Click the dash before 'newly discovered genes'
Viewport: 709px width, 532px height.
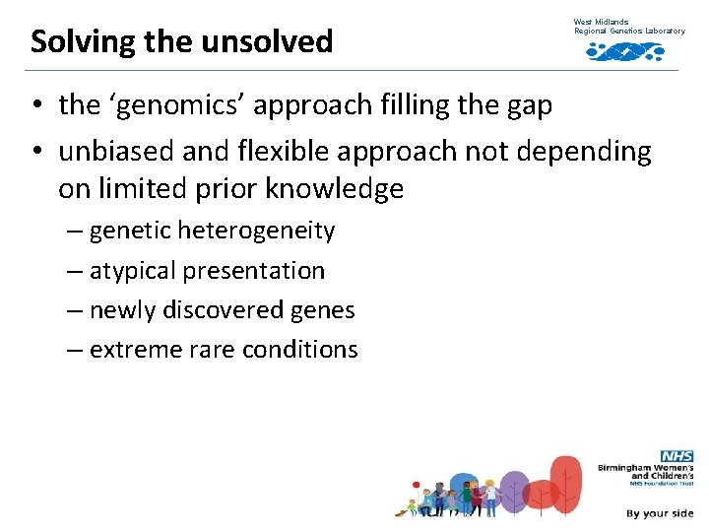[x=76, y=309]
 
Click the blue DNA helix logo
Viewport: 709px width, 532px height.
[x=624, y=50]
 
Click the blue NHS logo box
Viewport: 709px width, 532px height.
[x=677, y=456]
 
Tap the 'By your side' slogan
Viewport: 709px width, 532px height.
[x=659, y=513]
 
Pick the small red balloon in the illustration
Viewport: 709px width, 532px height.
[x=417, y=486]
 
